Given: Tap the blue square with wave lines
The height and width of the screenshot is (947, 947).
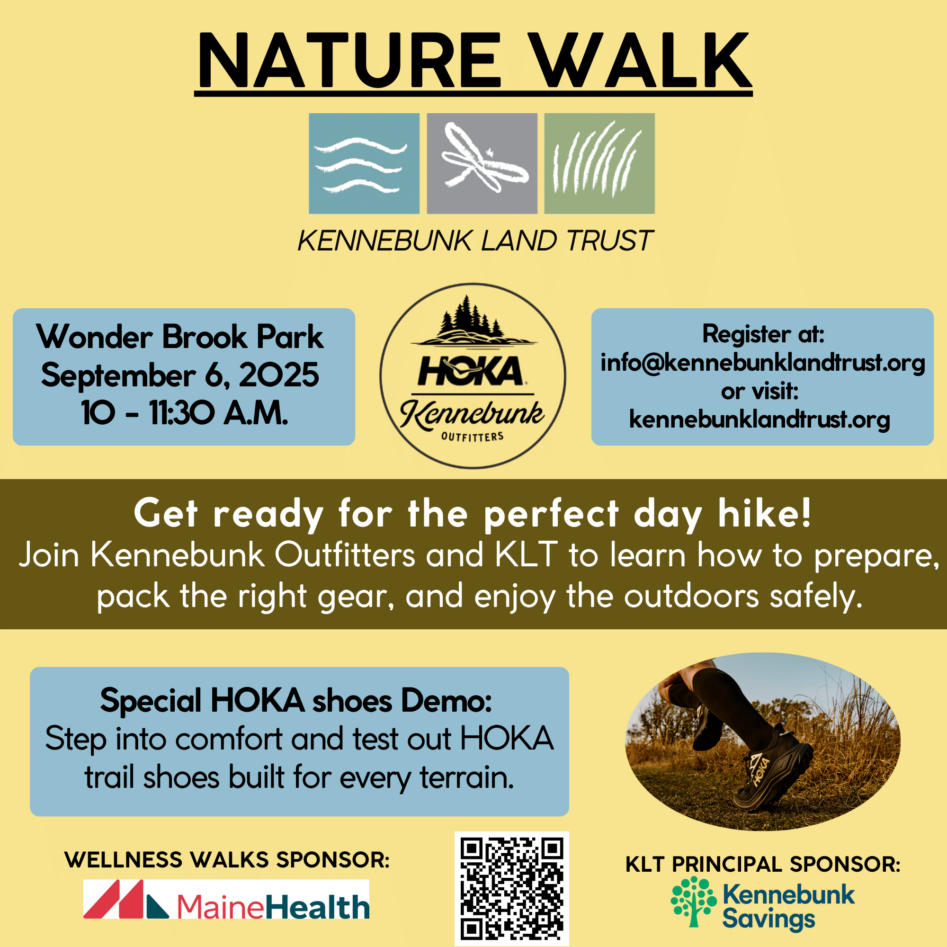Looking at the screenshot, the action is click(x=364, y=164).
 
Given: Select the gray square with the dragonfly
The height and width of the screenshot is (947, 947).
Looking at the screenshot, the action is click(x=482, y=164).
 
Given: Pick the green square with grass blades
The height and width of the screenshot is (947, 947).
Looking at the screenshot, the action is click(x=599, y=164).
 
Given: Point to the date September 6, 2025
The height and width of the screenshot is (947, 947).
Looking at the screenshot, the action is click(x=180, y=375).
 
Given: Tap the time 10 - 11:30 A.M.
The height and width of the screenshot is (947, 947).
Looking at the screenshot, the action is click(x=184, y=413).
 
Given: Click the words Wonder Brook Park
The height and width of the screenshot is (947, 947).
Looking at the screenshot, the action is click(x=180, y=337).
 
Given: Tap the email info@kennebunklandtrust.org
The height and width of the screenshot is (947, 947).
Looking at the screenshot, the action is click(x=763, y=363).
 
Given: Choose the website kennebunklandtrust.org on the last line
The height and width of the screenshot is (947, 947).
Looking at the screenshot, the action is click(x=760, y=420).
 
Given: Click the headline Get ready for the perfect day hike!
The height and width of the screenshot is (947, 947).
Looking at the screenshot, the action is click(x=473, y=514).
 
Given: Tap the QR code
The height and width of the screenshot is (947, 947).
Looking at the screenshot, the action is click(x=512, y=888).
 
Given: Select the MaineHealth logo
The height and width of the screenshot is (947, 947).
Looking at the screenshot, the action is click(x=226, y=899).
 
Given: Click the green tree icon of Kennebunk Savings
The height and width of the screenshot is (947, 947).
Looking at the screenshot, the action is click(x=694, y=901).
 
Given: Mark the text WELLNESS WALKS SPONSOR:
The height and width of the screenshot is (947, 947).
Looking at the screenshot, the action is click(x=227, y=860).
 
